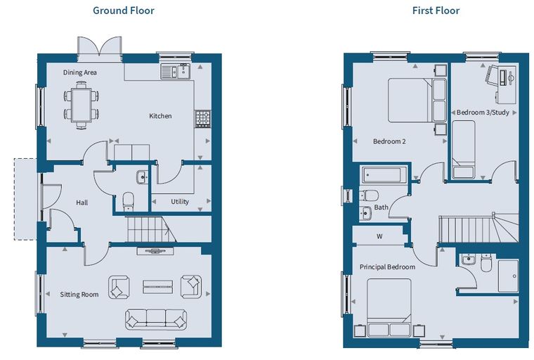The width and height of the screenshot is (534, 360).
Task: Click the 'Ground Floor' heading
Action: coord(124,11)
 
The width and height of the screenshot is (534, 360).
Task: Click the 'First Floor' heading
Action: coord(436,11)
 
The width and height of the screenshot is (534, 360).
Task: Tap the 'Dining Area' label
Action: coord(79,72)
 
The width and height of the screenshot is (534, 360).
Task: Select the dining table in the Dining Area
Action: coord(82,105)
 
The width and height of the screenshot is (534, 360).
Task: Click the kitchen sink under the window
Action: coord(176,71)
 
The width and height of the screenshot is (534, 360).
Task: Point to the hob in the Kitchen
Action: coord(202,119)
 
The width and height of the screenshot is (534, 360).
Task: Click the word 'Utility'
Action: coord(180,202)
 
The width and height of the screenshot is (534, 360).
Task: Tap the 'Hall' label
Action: coord(82,202)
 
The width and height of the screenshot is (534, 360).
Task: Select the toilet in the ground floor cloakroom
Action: coord(129,202)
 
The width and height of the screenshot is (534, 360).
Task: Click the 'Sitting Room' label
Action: coord(79,294)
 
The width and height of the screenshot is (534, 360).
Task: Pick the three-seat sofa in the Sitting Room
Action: coord(156,319)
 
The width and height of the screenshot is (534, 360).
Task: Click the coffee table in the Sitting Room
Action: coord(157,287)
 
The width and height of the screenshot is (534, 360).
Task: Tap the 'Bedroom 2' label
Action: coord(389,141)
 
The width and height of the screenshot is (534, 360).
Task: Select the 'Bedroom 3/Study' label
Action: coord(483,112)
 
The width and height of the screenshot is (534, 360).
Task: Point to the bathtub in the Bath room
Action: coord(384,175)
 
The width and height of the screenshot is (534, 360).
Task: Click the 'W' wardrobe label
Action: coord(379,236)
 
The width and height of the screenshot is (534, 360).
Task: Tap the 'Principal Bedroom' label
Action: coord(387,267)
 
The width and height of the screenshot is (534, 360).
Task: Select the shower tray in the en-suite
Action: coord(508,276)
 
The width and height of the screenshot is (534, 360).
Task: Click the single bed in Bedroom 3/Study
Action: coord(463,149)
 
